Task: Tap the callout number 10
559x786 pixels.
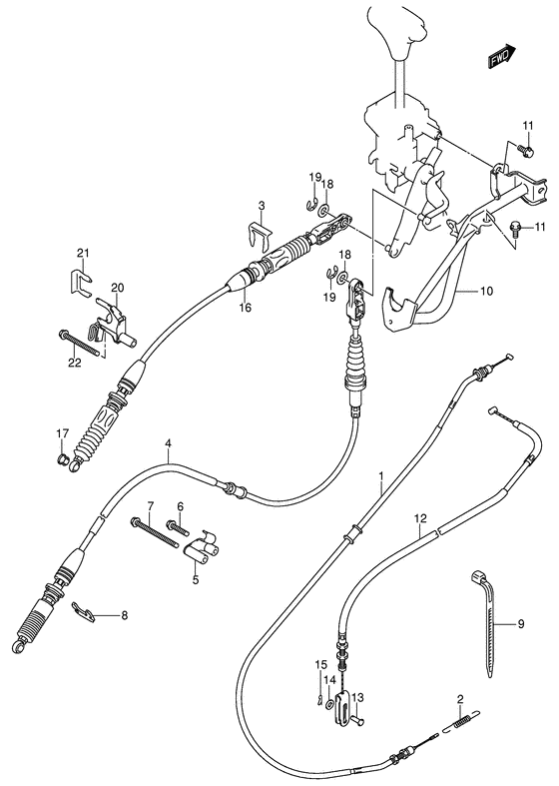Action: tap(487, 292)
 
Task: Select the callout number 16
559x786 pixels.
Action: tap(245, 309)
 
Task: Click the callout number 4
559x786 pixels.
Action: tap(169, 443)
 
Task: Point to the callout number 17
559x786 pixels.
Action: tap(61, 432)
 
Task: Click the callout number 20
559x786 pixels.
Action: tap(117, 289)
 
